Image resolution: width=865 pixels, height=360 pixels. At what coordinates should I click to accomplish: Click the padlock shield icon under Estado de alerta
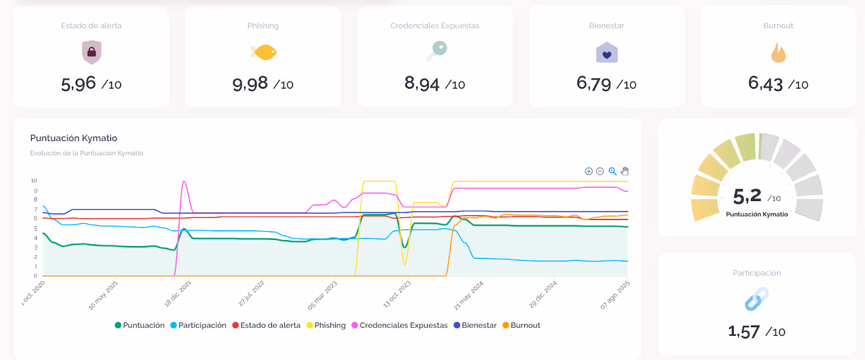91,52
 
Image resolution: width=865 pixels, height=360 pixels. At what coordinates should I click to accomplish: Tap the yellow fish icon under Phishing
263,52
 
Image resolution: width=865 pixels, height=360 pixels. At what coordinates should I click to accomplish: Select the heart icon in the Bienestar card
607,54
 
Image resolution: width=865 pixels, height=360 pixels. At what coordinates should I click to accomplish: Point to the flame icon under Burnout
778,53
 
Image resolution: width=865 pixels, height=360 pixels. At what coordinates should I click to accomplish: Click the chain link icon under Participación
756,299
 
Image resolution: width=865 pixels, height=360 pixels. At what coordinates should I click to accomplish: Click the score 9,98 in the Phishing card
250,84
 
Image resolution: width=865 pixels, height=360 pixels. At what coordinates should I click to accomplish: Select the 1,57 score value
744,331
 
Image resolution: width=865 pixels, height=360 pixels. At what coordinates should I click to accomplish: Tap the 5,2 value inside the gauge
747,196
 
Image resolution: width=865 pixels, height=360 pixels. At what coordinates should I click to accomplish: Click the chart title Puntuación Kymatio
74,138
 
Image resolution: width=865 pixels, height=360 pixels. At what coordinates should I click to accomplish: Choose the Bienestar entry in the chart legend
475,325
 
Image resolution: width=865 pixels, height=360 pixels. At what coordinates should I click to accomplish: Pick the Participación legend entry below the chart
198,325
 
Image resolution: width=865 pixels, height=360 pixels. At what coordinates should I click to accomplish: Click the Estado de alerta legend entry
267,325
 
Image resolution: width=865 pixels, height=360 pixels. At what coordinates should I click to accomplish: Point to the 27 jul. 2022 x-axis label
251,294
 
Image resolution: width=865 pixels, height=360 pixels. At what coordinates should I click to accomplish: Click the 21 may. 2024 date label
469,295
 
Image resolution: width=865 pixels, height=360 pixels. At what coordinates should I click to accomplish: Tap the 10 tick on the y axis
34,181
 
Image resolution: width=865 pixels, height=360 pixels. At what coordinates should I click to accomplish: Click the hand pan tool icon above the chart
625,171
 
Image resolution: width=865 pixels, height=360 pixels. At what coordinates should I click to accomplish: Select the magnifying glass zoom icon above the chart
613,171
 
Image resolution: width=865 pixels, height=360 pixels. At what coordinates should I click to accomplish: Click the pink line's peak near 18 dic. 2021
184,182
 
